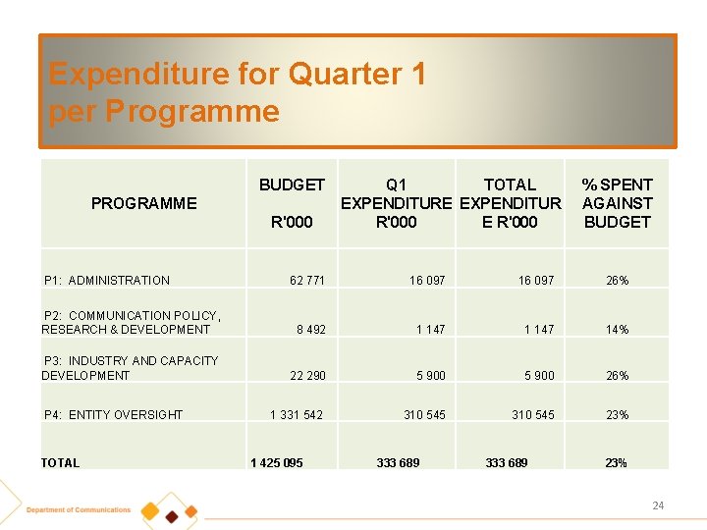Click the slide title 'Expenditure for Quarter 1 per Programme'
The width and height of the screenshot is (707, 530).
pyautogui.click(x=237, y=92)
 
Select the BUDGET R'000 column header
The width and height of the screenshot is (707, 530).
pyautogui.click(x=292, y=203)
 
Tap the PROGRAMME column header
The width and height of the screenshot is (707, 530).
pyautogui.click(x=143, y=203)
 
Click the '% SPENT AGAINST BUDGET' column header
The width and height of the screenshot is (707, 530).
pyautogui.click(x=617, y=203)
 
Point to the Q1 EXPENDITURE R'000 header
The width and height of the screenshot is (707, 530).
pyautogui.click(x=397, y=203)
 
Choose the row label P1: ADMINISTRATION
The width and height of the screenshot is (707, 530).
pyautogui.click(x=107, y=281)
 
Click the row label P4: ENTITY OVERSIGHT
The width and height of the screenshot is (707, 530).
pyautogui.click(x=113, y=415)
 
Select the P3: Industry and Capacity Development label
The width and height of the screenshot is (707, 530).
pyautogui.click(x=130, y=368)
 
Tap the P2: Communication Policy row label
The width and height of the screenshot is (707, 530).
pyautogui.click(x=131, y=322)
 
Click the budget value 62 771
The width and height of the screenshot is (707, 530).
pyautogui.click(x=307, y=281)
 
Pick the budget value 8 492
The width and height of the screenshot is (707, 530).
pyautogui.click(x=311, y=330)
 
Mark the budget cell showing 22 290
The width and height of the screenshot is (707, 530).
pyautogui.click(x=308, y=376)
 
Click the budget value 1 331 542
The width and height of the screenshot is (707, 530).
pyautogui.click(x=297, y=415)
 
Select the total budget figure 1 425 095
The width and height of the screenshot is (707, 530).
pyautogui.click(x=277, y=463)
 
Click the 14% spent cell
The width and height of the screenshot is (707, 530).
pyautogui.click(x=617, y=330)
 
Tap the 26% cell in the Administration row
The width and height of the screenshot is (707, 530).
pyautogui.click(x=617, y=281)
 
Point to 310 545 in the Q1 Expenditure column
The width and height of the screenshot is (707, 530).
pyautogui.click(x=424, y=415)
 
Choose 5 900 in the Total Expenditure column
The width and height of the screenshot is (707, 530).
pyautogui.click(x=537, y=376)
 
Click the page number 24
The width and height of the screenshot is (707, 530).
pyautogui.click(x=658, y=505)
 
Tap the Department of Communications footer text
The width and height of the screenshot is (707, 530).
pyautogui.click(x=79, y=510)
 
